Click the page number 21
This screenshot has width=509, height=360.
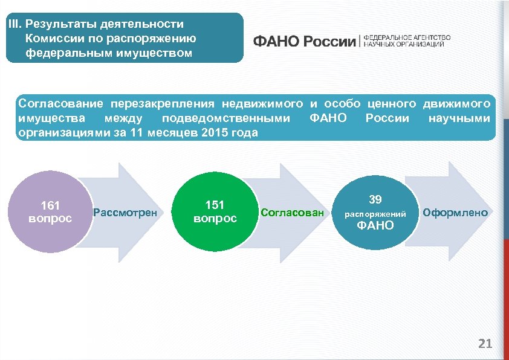tap(485, 344)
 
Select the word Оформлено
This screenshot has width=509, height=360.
tap(455, 213)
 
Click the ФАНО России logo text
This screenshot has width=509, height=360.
tap(304, 41)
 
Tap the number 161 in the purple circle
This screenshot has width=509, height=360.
tap(50, 205)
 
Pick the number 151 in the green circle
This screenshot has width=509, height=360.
tap(215, 205)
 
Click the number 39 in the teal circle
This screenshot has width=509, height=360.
tap(375, 199)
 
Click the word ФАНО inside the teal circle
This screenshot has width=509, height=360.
tap(375, 226)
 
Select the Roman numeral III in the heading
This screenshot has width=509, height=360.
tap(13, 25)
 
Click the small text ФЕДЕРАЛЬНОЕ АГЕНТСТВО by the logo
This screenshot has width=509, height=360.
tap(406, 37)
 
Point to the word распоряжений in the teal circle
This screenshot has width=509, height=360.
tap(375, 214)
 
